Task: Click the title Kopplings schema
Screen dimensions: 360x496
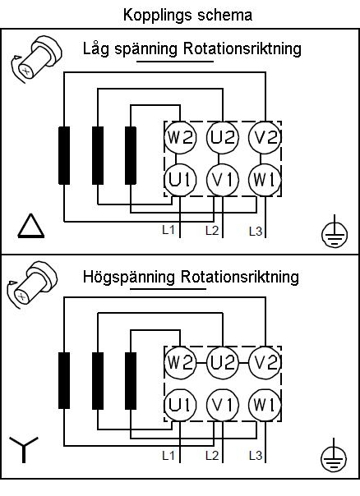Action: pyautogui.click(x=187, y=15)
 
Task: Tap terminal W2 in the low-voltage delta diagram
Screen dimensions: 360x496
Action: pyautogui.click(x=180, y=138)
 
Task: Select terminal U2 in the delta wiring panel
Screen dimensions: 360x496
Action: pyautogui.click(x=223, y=138)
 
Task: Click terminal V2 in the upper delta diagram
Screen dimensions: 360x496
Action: pyautogui.click(x=265, y=138)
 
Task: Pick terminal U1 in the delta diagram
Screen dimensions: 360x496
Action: pyautogui.click(x=180, y=180)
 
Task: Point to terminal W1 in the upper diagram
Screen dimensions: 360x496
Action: pyautogui.click(x=265, y=180)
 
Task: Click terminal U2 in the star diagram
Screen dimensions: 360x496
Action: pyautogui.click(x=223, y=362)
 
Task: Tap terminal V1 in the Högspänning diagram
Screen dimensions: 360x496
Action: pyautogui.click(x=223, y=405)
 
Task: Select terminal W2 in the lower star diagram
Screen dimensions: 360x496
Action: pyautogui.click(x=180, y=362)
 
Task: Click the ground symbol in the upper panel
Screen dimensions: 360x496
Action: pyautogui.click(x=335, y=232)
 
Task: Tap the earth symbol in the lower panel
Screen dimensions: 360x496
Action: pyautogui.click(x=334, y=456)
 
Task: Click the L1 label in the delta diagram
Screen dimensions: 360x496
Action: pyautogui.click(x=168, y=230)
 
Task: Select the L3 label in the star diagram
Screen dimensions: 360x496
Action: pyautogui.click(x=256, y=456)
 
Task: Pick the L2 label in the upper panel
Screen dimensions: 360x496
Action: pyautogui.click(x=212, y=231)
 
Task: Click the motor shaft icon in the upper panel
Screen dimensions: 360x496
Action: pyautogui.click(x=35, y=59)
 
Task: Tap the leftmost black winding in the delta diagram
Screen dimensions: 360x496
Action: pyautogui.click(x=64, y=155)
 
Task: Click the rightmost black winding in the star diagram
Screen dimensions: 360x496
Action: pyautogui.click(x=131, y=380)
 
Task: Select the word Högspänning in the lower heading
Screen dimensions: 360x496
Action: pyautogui.click(x=128, y=277)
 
